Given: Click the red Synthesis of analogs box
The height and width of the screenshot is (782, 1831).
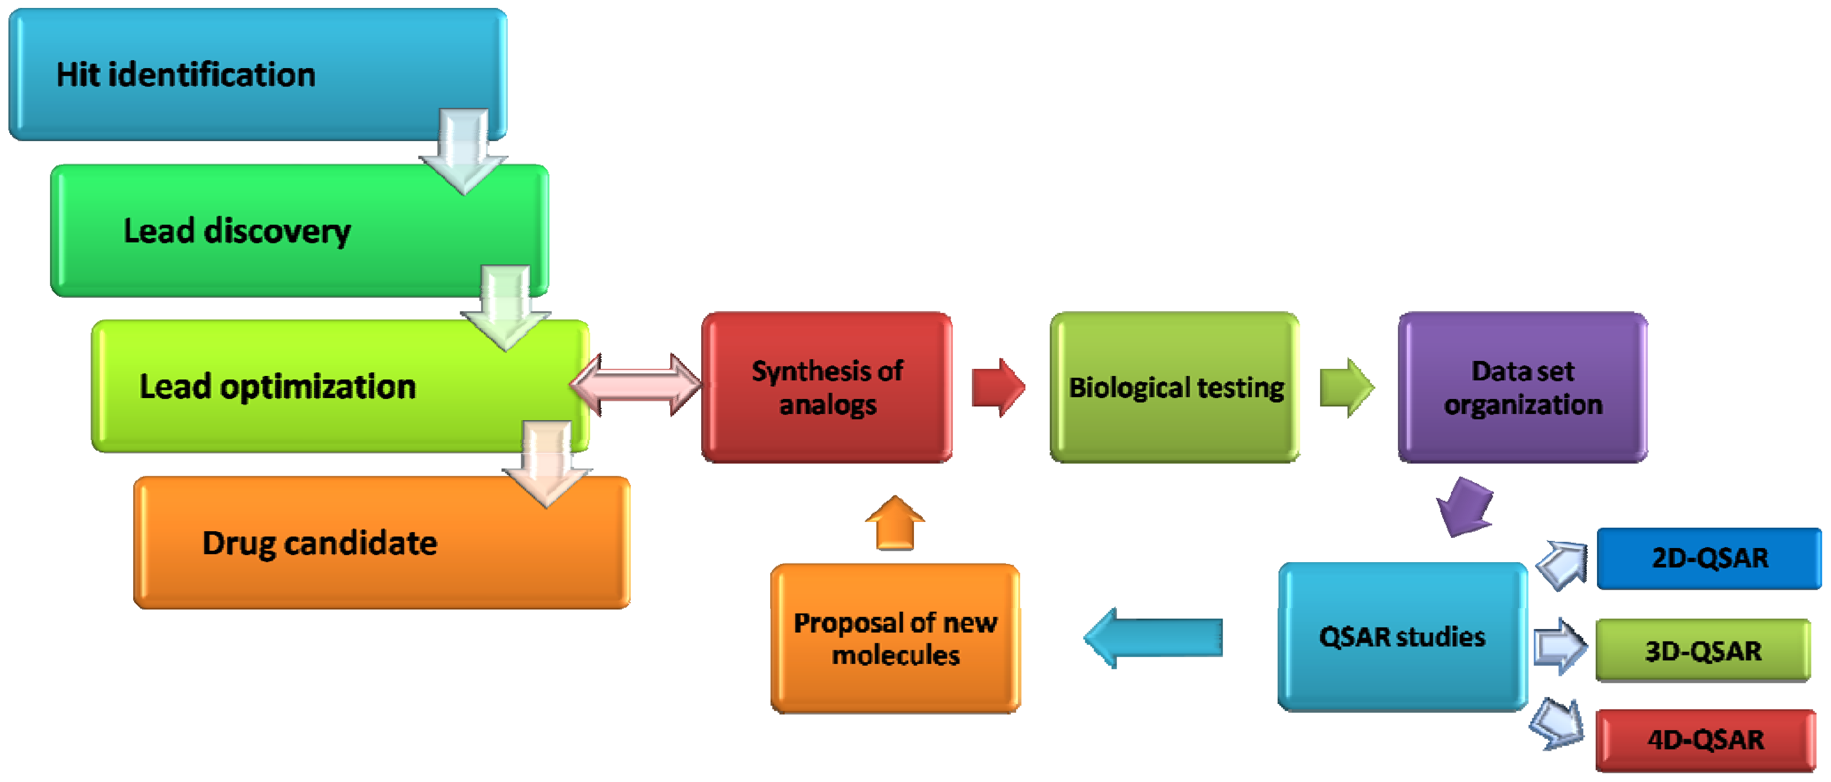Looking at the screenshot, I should point(827,387).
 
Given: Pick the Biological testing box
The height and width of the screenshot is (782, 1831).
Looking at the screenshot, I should point(1175,387).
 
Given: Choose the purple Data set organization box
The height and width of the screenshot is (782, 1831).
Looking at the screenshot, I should point(1523,387).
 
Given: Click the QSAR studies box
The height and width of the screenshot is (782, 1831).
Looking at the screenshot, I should point(1402,636).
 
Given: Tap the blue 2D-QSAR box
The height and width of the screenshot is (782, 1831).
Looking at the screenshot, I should point(1709,558).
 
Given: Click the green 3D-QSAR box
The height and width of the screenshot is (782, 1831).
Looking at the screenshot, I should point(1703,651).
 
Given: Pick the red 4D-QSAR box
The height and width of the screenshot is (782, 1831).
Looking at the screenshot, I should point(1705,740).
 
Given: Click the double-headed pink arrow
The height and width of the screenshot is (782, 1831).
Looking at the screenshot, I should point(636,385).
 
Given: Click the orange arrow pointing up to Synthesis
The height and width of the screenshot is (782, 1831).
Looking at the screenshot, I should point(895,524).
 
